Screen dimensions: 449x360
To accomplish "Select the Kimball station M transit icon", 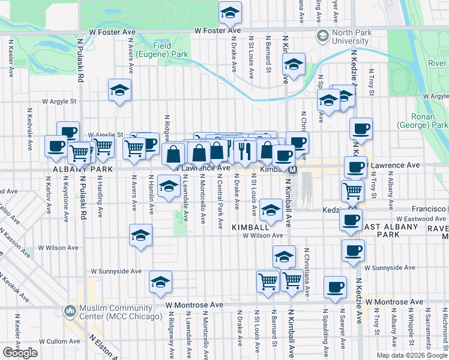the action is (292, 170).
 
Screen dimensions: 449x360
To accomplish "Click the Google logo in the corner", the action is (20, 352).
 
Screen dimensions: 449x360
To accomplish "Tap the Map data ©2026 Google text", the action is (412, 355).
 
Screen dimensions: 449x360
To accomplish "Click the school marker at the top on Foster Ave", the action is (229, 12).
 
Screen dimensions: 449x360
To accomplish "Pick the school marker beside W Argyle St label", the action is (119, 91).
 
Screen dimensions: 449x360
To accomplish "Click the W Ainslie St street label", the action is (105, 135).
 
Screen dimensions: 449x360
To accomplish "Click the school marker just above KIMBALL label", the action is (271, 210).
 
